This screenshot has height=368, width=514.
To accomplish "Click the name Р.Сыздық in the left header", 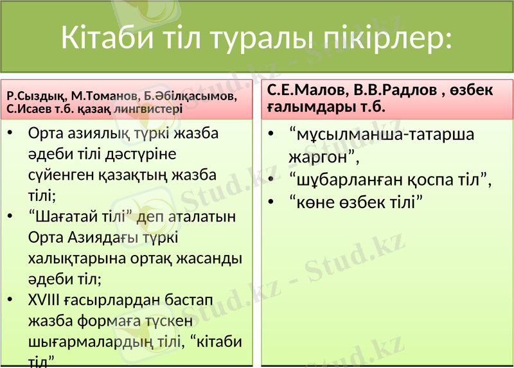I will [x=36, y=96].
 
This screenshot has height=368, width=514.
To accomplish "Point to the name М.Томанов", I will [x=103, y=96].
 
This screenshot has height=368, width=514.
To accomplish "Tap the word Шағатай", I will [x=68, y=216].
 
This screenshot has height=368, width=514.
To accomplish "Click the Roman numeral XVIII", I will [x=47, y=300].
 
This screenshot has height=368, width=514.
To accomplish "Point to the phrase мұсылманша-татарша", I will [x=382, y=135].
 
